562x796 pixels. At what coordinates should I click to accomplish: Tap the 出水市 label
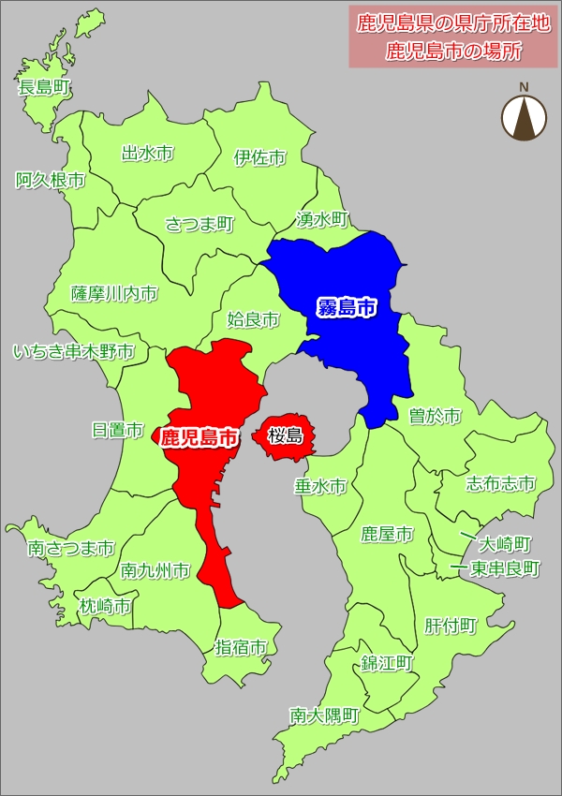coord(148,153)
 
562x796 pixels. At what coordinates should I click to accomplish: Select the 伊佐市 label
coord(260,157)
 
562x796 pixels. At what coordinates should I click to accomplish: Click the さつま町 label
coord(200,224)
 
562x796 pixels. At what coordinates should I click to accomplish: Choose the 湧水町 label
coord(321,220)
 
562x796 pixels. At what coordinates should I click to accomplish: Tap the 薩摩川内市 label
coord(114,294)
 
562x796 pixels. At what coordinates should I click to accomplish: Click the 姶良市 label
coord(253,320)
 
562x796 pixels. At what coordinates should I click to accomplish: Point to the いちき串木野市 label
coord(73,352)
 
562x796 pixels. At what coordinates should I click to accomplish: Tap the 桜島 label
coord(285,435)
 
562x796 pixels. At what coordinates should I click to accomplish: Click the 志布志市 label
coord(501,483)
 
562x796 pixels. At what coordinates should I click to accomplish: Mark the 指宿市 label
coord(242,646)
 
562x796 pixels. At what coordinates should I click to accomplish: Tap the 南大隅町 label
coord(325,715)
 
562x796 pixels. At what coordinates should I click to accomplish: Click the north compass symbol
coord(524,116)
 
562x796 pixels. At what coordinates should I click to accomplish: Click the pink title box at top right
coord(453,37)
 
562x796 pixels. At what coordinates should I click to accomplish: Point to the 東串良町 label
coord(505,568)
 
